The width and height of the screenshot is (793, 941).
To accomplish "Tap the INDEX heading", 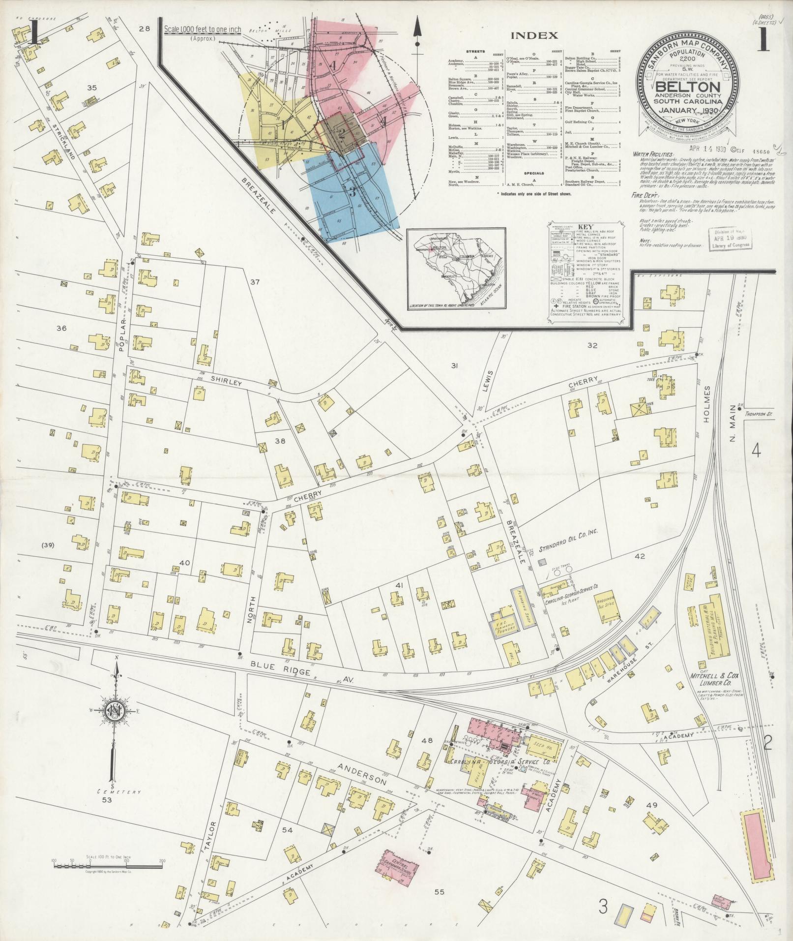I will click(x=534, y=35).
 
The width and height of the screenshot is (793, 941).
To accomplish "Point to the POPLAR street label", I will click(x=122, y=336).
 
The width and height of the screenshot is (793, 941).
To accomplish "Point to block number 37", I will click(x=254, y=282).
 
